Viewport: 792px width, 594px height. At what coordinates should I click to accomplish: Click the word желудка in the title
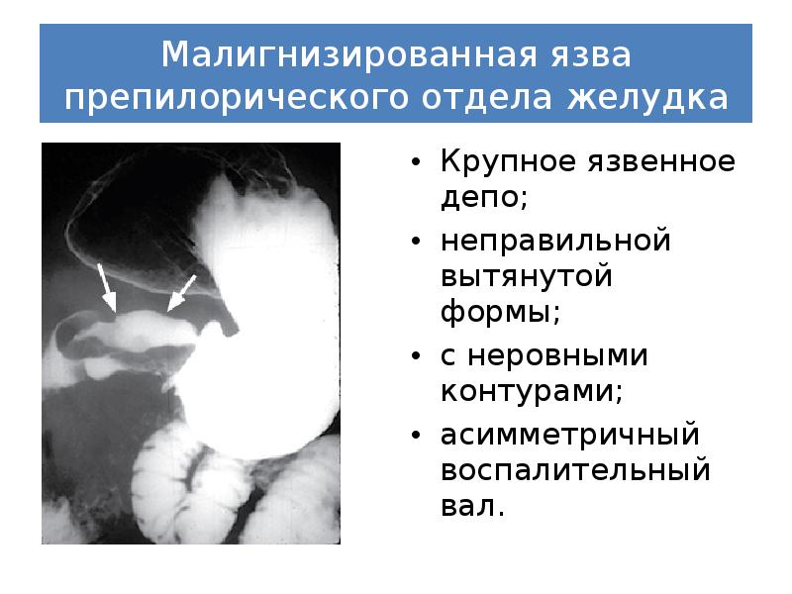pos(648,99)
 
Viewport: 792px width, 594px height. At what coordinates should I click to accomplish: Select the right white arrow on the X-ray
pos(181,293)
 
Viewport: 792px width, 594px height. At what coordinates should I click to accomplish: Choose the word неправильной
pos(556,242)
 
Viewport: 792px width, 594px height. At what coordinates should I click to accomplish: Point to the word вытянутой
pos(525,278)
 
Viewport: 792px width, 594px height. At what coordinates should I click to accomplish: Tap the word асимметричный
pos(569,436)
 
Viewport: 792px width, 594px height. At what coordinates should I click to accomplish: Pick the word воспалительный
pos(574,472)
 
